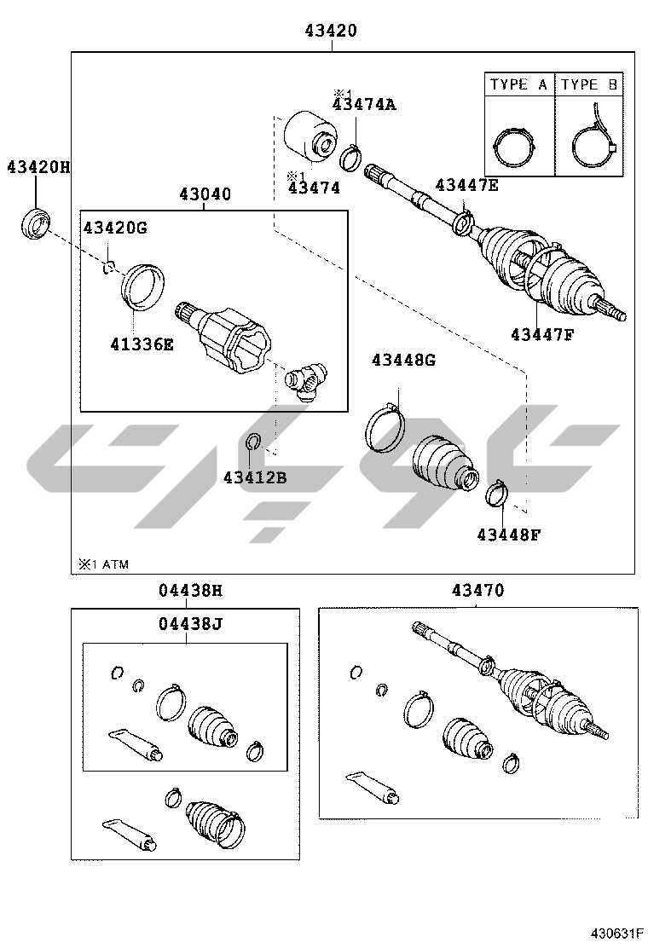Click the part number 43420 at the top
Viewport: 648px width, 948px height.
[331, 30]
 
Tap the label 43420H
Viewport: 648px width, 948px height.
[38, 166]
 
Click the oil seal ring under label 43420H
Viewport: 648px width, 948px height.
[35, 222]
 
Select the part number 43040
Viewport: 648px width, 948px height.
[205, 194]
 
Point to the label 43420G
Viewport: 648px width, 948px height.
[115, 228]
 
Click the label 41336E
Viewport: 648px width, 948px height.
[142, 344]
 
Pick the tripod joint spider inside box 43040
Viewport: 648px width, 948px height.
[306, 382]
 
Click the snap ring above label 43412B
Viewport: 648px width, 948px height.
[253, 442]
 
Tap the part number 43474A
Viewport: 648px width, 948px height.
[364, 104]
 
